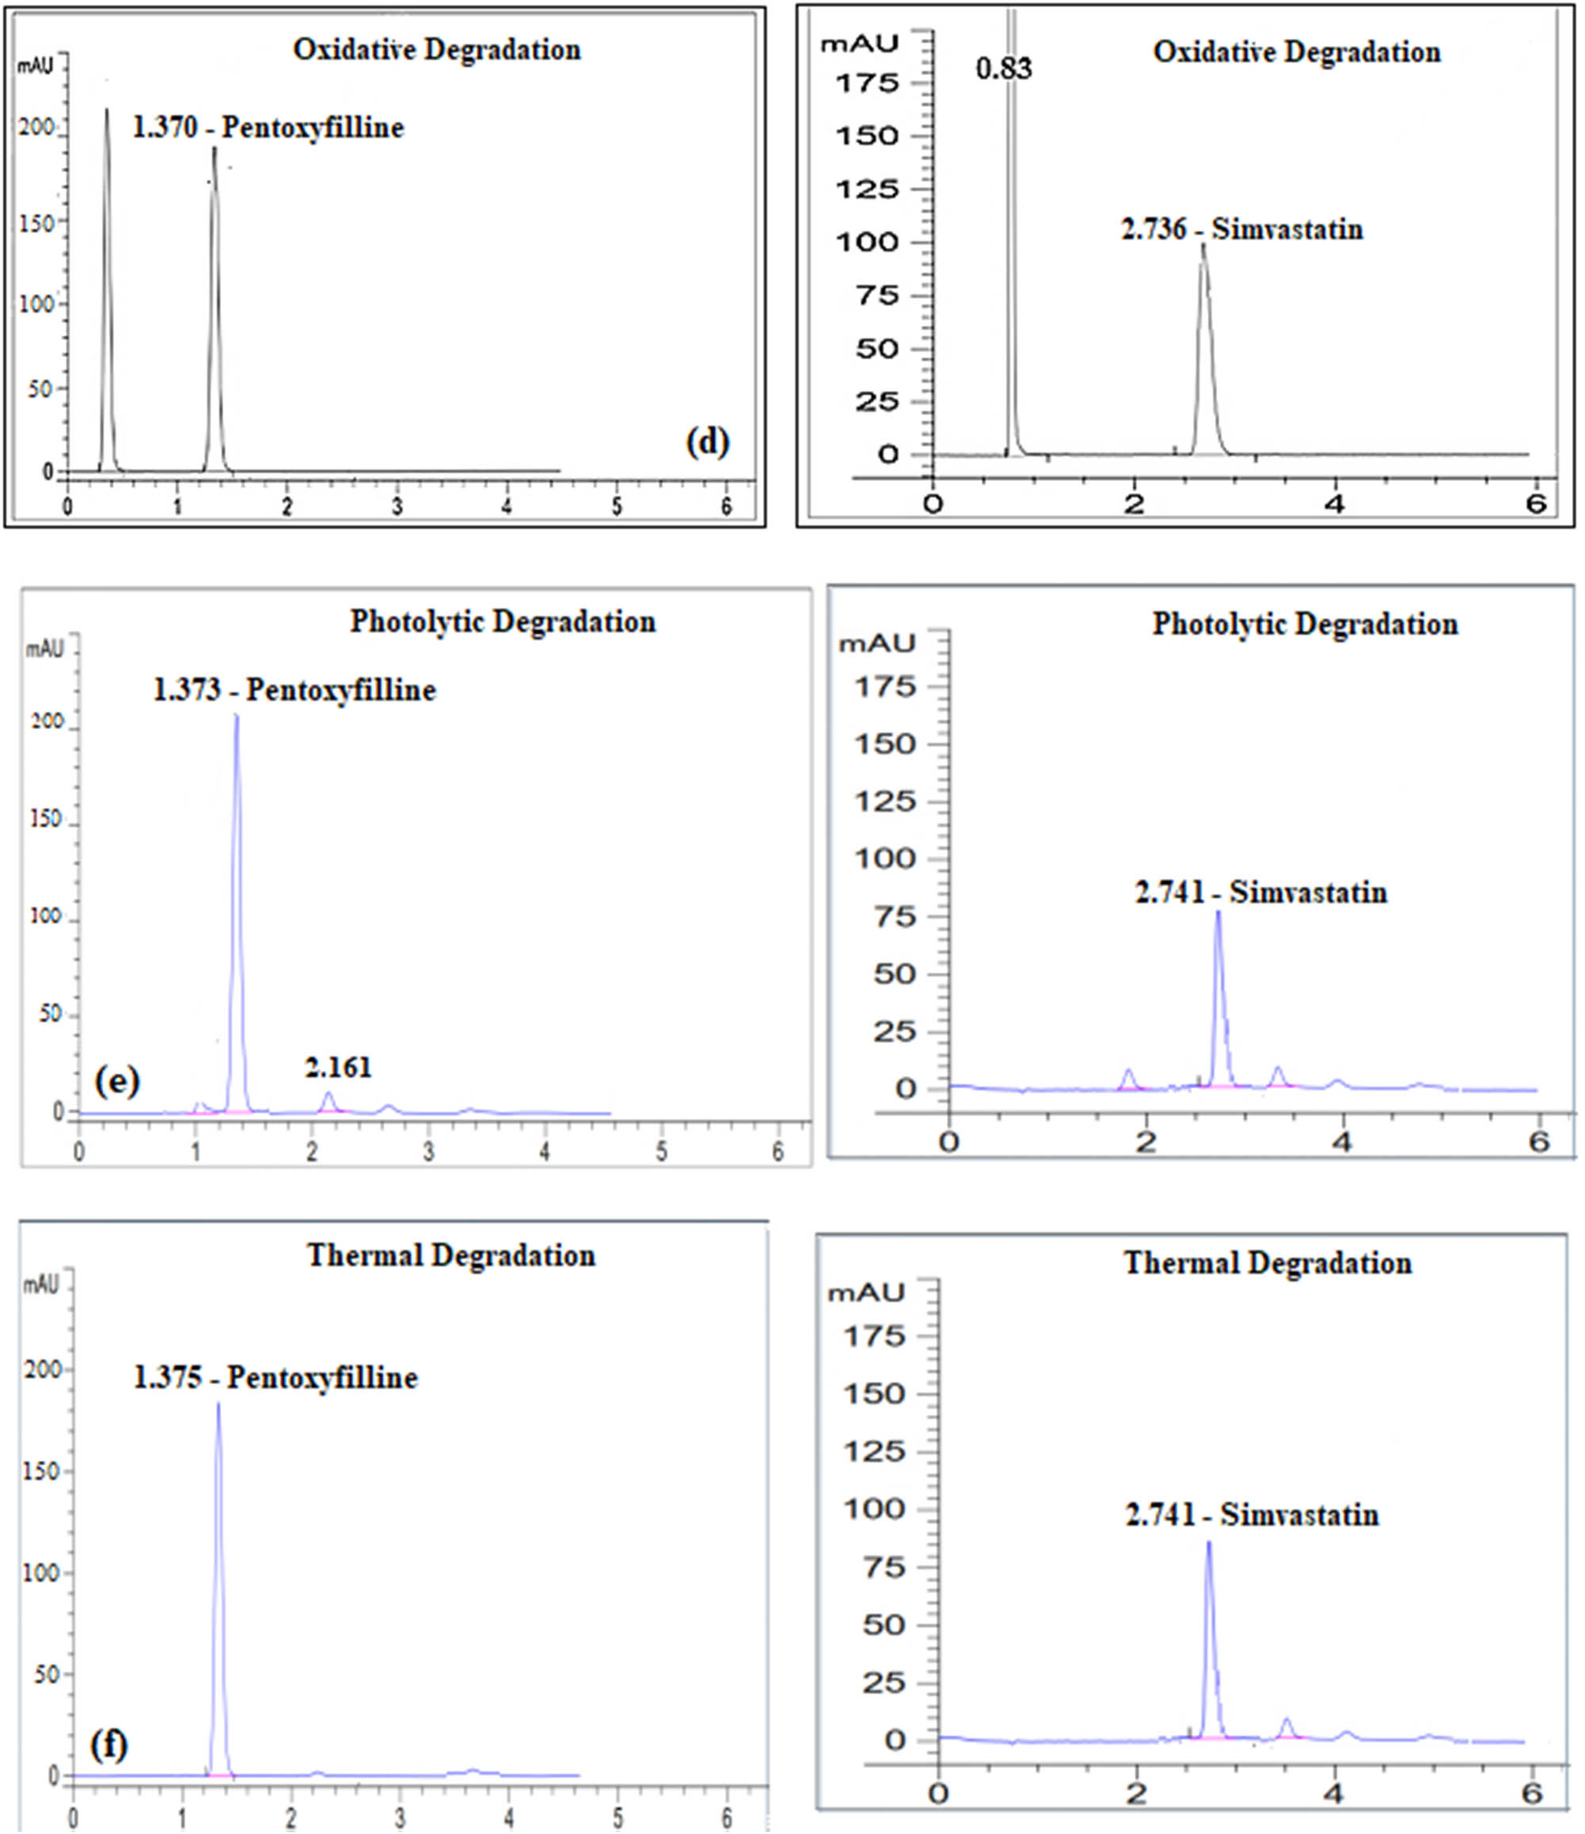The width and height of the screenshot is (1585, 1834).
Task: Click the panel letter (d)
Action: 708,442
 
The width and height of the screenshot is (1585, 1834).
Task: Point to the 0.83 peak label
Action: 1003,68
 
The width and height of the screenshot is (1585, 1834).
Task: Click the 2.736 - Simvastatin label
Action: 1241,229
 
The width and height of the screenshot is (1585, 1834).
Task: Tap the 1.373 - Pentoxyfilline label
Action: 295,689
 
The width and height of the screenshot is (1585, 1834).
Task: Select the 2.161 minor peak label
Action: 338,1067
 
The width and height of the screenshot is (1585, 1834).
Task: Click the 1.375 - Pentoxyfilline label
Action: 275,1377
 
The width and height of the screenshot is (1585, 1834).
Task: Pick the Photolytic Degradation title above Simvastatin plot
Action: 1304,624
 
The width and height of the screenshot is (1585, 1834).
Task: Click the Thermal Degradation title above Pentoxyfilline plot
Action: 451,1255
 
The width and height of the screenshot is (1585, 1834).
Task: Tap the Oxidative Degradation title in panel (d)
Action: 437,50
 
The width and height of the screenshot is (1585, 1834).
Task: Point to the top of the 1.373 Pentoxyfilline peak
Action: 236,717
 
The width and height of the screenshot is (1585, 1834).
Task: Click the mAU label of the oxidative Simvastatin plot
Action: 859,44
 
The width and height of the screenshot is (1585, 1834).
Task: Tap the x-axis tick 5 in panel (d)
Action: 617,506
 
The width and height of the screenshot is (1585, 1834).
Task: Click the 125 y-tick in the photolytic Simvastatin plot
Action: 884,801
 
